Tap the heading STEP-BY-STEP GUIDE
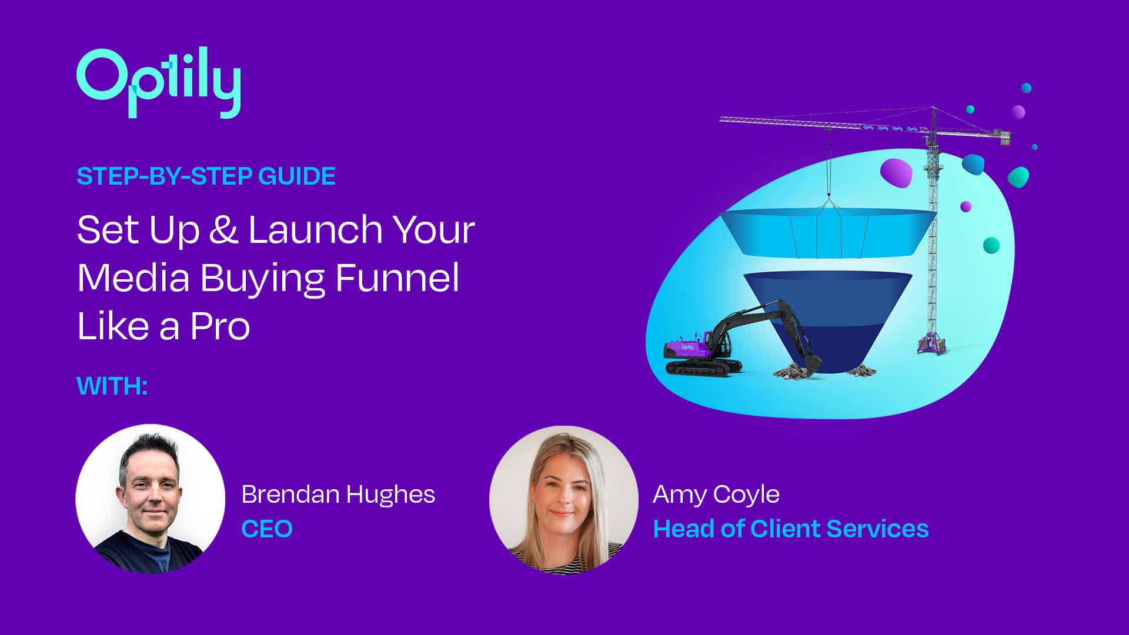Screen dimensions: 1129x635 coord(206,176)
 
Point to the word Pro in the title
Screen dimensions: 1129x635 coord(220,326)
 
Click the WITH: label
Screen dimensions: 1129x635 coord(112,386)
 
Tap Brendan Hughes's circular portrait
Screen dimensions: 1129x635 coord(150,499)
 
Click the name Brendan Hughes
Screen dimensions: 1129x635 coord(338,494)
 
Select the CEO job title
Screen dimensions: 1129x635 coord(267,529)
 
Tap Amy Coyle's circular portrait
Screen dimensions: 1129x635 coord(563,499)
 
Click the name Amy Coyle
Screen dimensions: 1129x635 coord(716,495)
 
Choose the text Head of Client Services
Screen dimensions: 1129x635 coord(791,529)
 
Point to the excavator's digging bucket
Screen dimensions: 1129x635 coord(811,363)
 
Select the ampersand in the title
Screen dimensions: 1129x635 coord(223,229)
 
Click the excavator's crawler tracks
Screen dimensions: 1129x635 coord(703,367)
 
